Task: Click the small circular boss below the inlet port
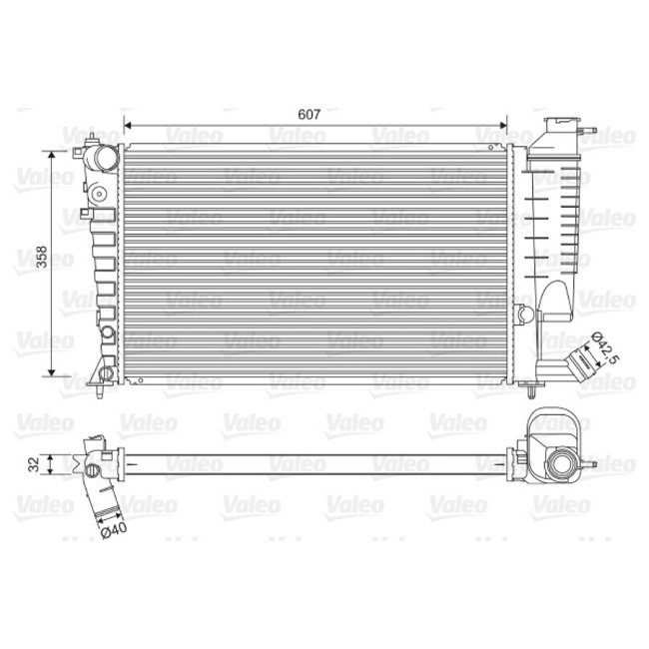click(x=100, y=192)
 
